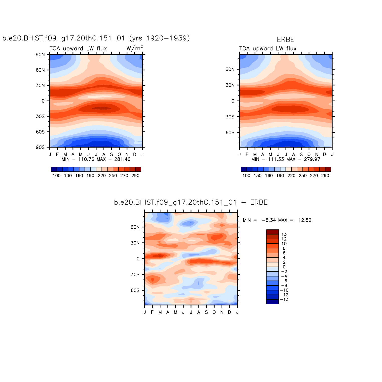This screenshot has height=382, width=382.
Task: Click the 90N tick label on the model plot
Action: [40, 55]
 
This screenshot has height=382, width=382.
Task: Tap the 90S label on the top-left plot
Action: [40, 147]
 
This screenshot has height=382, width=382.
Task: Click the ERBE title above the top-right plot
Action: [285, 40]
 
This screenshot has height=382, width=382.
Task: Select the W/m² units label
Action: [135, 48]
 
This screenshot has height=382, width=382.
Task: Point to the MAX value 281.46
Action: [122, 159]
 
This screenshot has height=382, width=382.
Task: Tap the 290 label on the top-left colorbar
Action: [135, 175]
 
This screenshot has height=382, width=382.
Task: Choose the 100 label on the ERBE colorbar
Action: [246, 175]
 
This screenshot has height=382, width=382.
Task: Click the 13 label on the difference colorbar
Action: [284, 234]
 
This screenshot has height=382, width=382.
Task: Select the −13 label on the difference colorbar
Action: [284, 300]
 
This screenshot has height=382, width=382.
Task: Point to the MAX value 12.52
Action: [305, 220]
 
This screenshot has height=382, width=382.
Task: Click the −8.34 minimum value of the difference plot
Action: [269, 220]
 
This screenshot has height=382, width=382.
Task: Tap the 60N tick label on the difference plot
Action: [135, 227]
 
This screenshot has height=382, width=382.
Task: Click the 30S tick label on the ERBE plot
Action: [230, 117]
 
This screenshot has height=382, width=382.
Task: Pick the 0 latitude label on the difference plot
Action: [138, 259]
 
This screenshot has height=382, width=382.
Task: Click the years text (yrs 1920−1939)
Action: [160, 38]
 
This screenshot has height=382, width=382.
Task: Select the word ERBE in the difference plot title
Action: [259, 202]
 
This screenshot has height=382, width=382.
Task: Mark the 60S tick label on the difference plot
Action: [135, 290]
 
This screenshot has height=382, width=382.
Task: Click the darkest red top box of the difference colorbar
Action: [272, 232]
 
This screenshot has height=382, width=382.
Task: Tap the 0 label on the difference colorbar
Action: [284, 267]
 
